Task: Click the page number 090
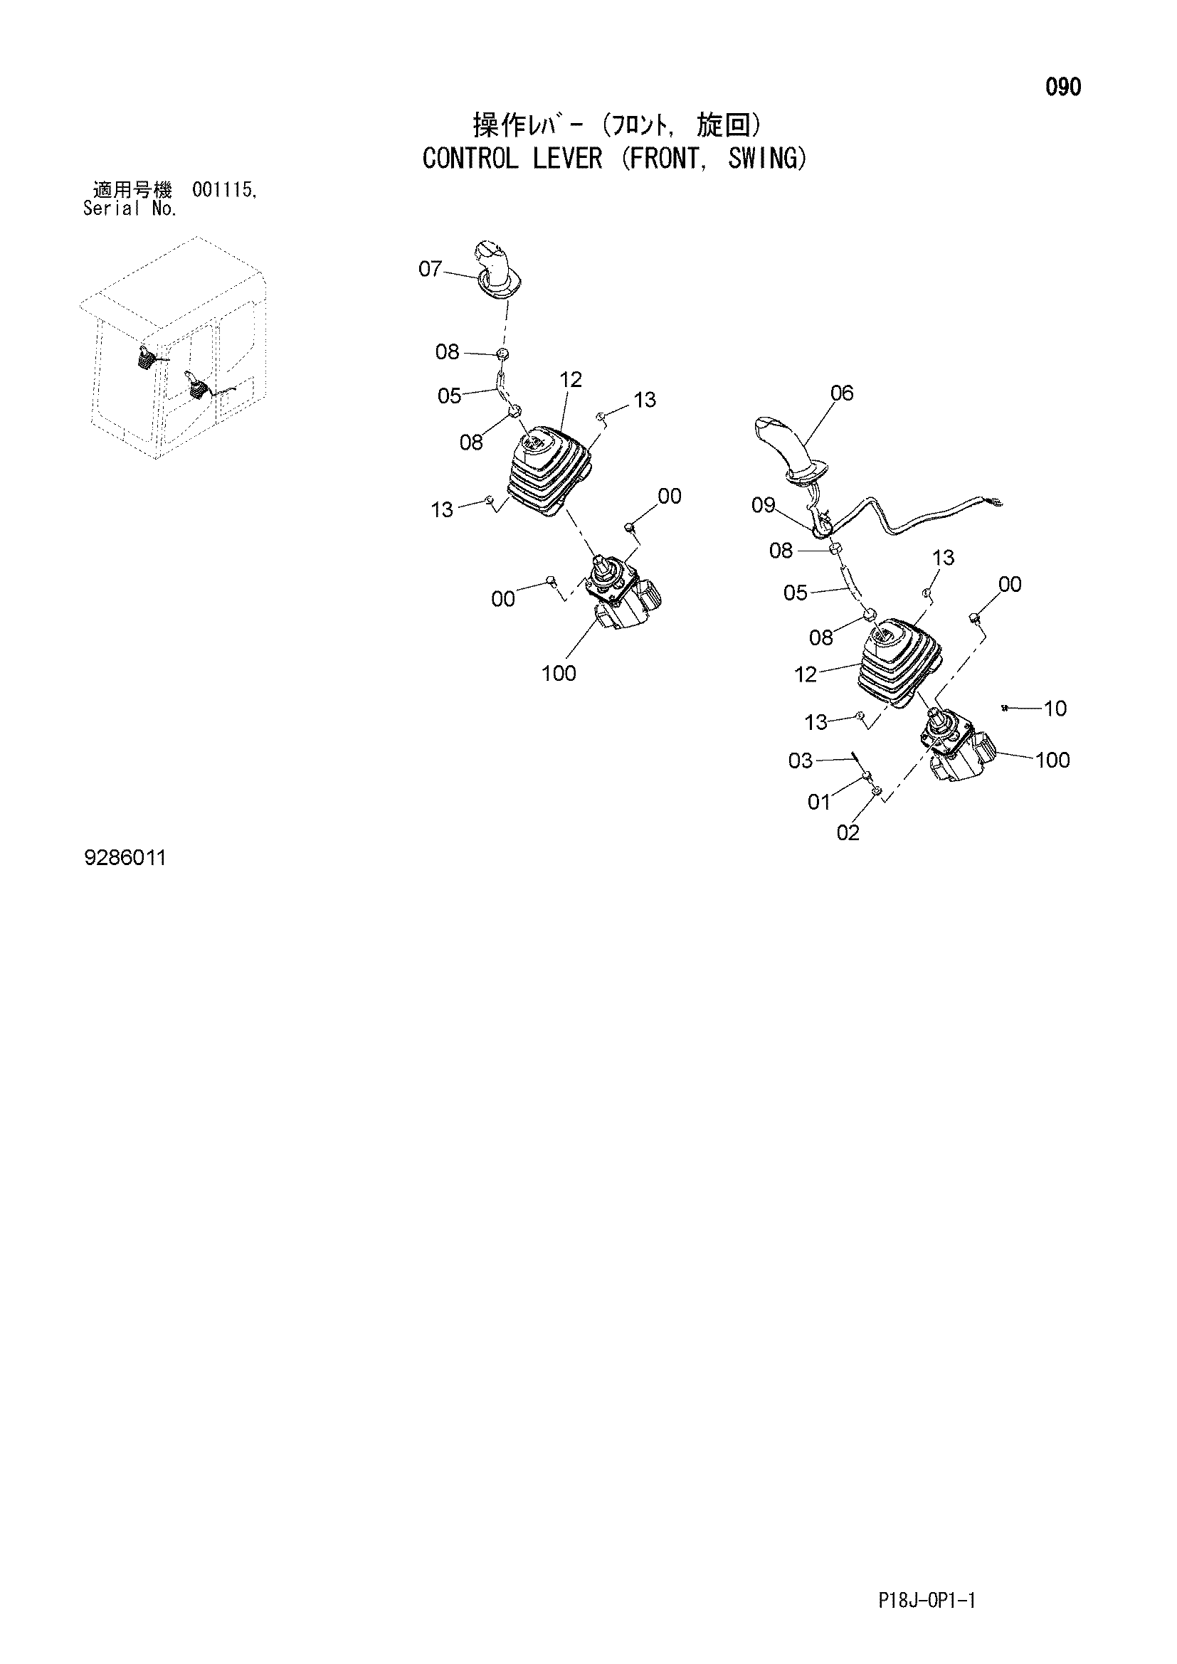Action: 1062,87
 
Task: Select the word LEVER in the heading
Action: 567,158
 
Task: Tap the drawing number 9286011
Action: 125,858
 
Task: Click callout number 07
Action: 430,269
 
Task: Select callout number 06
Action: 841,393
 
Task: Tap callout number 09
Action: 763,505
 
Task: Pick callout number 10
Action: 1055,709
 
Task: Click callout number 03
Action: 800,761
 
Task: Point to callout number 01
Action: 818,802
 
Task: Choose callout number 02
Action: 848,833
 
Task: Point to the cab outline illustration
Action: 174,348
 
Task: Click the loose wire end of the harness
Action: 998,499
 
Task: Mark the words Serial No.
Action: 130,209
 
